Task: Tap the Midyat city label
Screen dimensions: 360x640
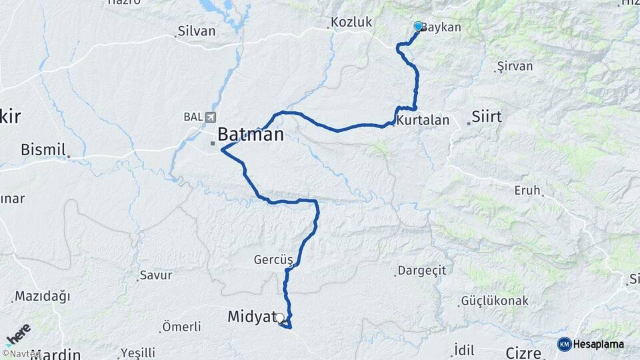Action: click(251, 317)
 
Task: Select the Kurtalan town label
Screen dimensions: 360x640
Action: click(423, 121)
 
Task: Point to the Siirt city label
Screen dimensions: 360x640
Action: click(486, 117)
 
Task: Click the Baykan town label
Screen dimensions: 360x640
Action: click(441, 27)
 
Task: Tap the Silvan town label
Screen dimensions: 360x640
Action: click(197, 31)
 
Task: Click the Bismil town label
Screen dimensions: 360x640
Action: click(42, 149)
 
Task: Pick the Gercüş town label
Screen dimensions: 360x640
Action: click(273, 259)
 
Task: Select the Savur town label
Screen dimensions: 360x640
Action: click(156, 275)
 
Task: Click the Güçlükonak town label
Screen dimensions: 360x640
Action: click(495, 301)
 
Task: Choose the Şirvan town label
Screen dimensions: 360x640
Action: click(515, 67)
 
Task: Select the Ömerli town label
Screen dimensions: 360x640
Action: click(181, 327)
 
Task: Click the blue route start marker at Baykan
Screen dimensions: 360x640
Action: click(418, 26)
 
